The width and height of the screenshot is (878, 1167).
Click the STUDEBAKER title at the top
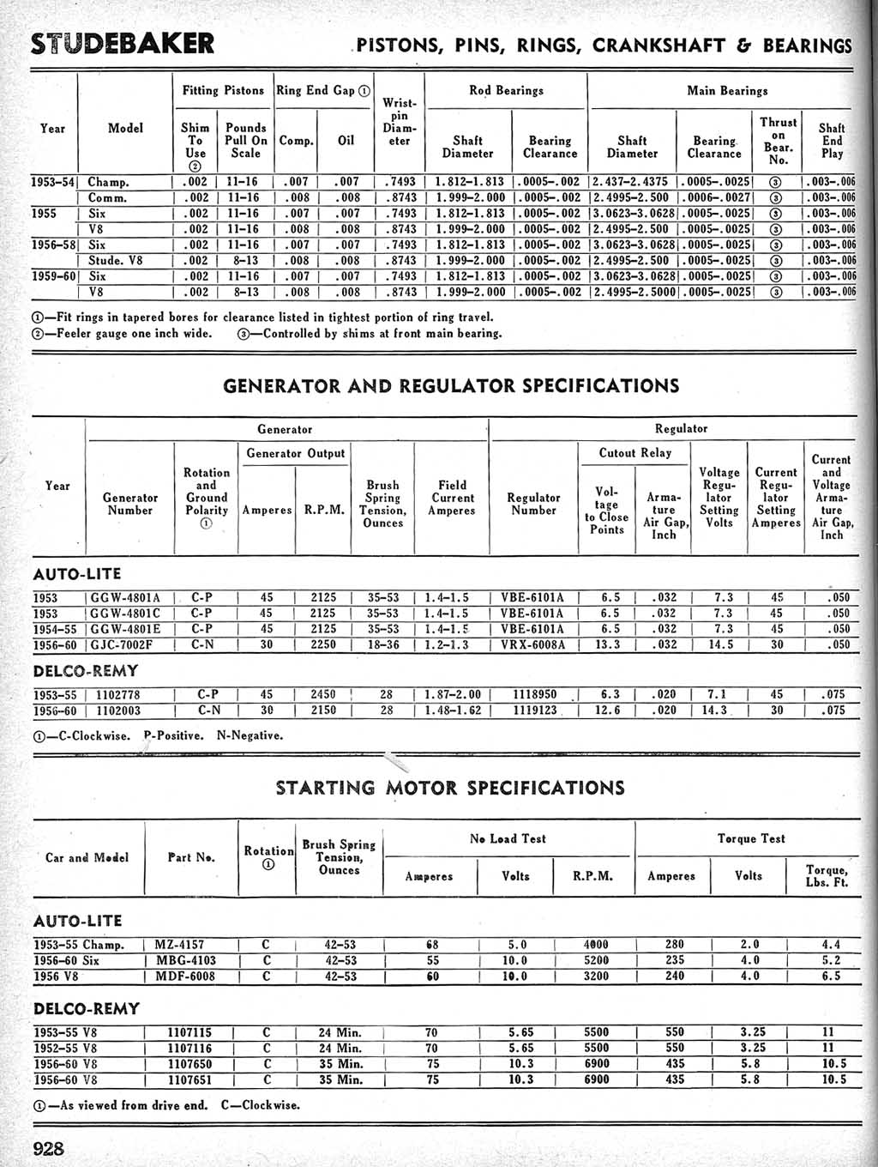coord(123,44)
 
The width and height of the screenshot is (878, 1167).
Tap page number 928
coord(49,1148)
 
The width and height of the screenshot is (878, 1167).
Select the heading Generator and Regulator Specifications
coord(451,385)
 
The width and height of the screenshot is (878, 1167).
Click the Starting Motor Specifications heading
coord(450,787)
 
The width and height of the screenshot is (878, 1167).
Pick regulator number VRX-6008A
coord(533,644)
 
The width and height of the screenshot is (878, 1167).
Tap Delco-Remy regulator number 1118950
coord(535,694)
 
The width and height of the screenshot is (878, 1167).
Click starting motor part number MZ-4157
coord(179,945)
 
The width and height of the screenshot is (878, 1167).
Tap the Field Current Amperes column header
coord(452,498)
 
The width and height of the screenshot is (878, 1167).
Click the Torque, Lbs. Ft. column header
coord(827,875)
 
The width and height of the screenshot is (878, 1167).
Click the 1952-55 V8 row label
coord(65,1048)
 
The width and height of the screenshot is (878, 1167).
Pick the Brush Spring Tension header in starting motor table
coord(339,856)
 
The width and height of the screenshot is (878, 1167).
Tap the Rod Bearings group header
coord(506,90)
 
